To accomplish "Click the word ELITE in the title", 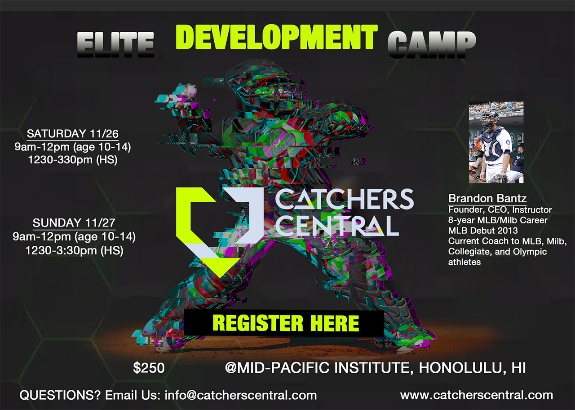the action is coord(115,44).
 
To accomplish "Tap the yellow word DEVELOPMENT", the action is coord(277,37).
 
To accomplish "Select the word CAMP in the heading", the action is coord(432,44).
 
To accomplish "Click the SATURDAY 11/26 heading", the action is coord(73,134).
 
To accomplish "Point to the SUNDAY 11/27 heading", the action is coord(74,223).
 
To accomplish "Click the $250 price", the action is coord(149,368).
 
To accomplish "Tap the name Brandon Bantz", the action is coord(487,198).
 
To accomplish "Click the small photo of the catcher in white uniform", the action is coord(496,143).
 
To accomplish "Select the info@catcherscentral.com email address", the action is coord(240,395).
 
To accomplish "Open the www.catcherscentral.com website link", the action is coord(477,395).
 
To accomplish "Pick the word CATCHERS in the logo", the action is coord(344,199).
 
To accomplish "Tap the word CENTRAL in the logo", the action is coord(337,226).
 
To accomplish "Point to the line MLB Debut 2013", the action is coord(483,231).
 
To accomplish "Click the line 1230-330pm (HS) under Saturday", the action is coord(73,160).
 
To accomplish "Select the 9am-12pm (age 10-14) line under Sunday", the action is coord(74,236).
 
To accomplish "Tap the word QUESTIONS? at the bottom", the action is coord(60,395).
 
